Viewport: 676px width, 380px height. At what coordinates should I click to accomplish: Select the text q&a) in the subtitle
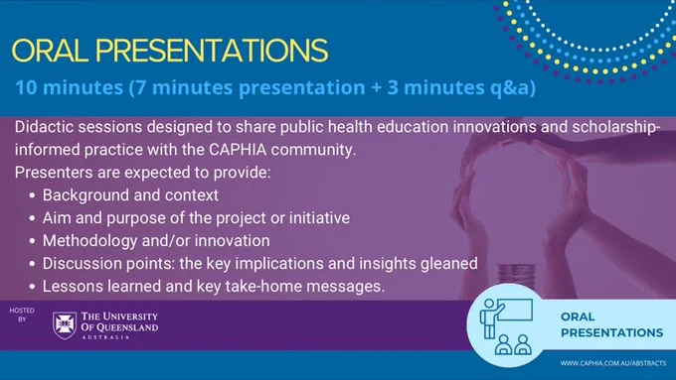[513, 87]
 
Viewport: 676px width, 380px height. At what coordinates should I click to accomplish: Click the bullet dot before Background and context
[33, 195]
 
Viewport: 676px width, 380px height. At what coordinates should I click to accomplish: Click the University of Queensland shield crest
[65, 325]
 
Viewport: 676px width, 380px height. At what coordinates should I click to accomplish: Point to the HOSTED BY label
[22, 315]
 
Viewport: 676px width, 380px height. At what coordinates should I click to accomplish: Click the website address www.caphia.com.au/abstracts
[613, 363]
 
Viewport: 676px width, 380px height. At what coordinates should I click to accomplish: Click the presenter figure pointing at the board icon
[491, 318]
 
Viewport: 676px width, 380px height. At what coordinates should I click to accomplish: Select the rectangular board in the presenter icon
[515, 310]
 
